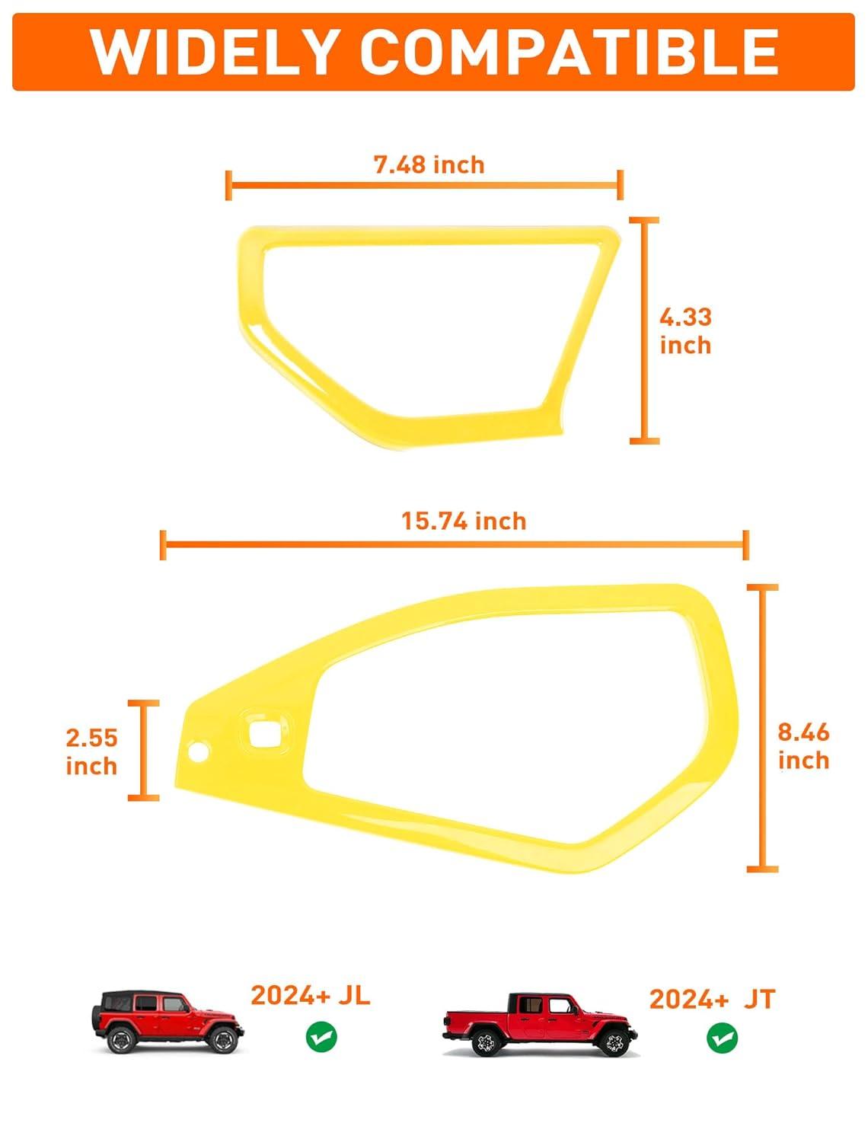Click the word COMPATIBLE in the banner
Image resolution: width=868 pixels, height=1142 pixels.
click(569, 52)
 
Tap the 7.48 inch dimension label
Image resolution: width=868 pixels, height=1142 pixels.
click(429, 165)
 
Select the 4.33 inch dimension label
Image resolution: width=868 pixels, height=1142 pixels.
click(685, 331)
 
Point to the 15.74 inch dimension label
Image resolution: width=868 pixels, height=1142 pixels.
click(464, 522)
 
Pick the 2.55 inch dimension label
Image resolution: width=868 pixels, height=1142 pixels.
click(91, 752)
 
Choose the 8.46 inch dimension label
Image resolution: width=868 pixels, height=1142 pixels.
click(803, 747)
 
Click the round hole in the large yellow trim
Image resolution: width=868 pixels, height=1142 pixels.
click(198, 751)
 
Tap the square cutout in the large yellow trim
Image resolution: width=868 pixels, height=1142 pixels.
click(265, 734)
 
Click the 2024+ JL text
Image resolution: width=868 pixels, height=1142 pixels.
click(311, 995)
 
